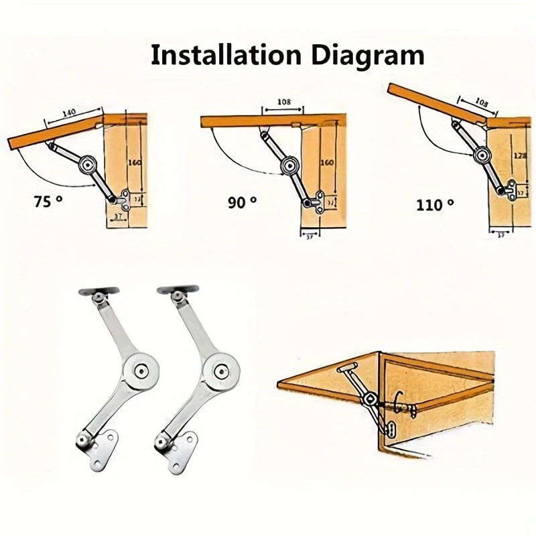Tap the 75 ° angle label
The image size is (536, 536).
tap(48, 200)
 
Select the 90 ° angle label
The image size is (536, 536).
tap(242, 201)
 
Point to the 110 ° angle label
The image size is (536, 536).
tap(435, 204)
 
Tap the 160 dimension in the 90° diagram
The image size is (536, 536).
tap(328, 163)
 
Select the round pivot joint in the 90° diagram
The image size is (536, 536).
tap(289, 163)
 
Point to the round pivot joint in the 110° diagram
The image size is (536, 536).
tap(481, 156)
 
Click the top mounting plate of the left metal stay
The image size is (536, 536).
tap(98, 293)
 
